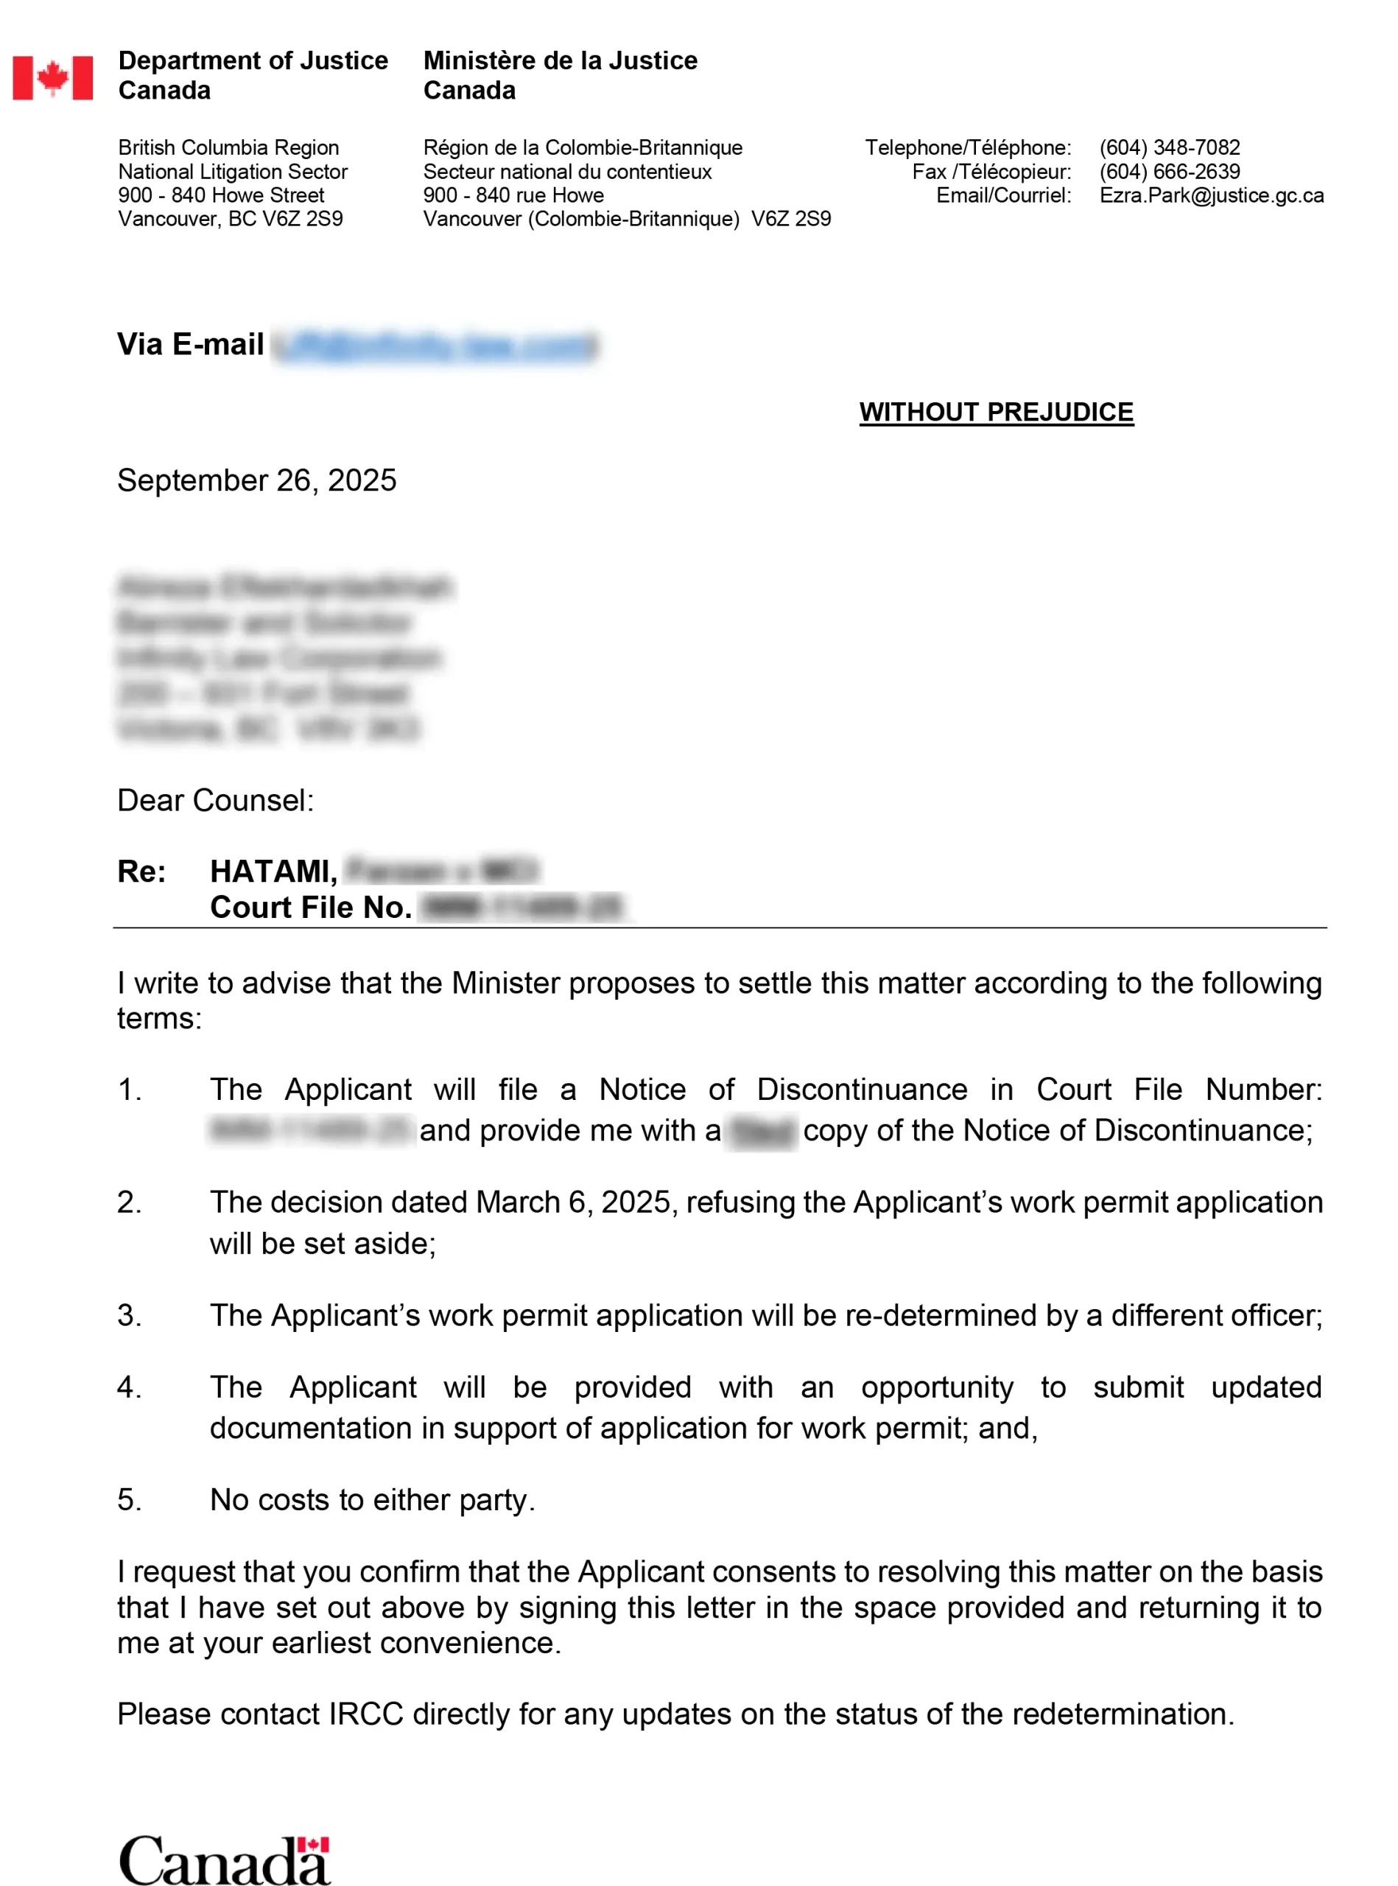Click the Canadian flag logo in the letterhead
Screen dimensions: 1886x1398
(52, 78)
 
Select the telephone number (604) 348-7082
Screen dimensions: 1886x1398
(1169, 147)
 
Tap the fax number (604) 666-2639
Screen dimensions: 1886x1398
(1169, 171)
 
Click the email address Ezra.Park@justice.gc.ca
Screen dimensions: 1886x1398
(1211, 194)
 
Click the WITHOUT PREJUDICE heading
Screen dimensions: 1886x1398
(996, 413)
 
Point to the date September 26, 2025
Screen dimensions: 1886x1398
(256, 480)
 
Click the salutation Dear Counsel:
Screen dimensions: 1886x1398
(215, 800)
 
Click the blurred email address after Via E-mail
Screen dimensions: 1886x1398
(435, 346)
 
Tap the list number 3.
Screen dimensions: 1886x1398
(129, 1316)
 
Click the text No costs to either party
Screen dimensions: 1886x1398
(373, 1500)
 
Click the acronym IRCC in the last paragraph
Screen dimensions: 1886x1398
(365, 1714)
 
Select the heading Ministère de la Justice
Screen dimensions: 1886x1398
(561, 61)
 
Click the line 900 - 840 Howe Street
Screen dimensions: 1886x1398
(221, 194)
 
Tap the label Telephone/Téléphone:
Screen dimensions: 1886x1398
(967, 147)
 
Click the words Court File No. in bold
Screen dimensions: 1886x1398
(311, 908)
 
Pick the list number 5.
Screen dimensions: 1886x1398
(129, 1500)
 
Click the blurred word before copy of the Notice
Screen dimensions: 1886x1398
(762, 1132)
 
